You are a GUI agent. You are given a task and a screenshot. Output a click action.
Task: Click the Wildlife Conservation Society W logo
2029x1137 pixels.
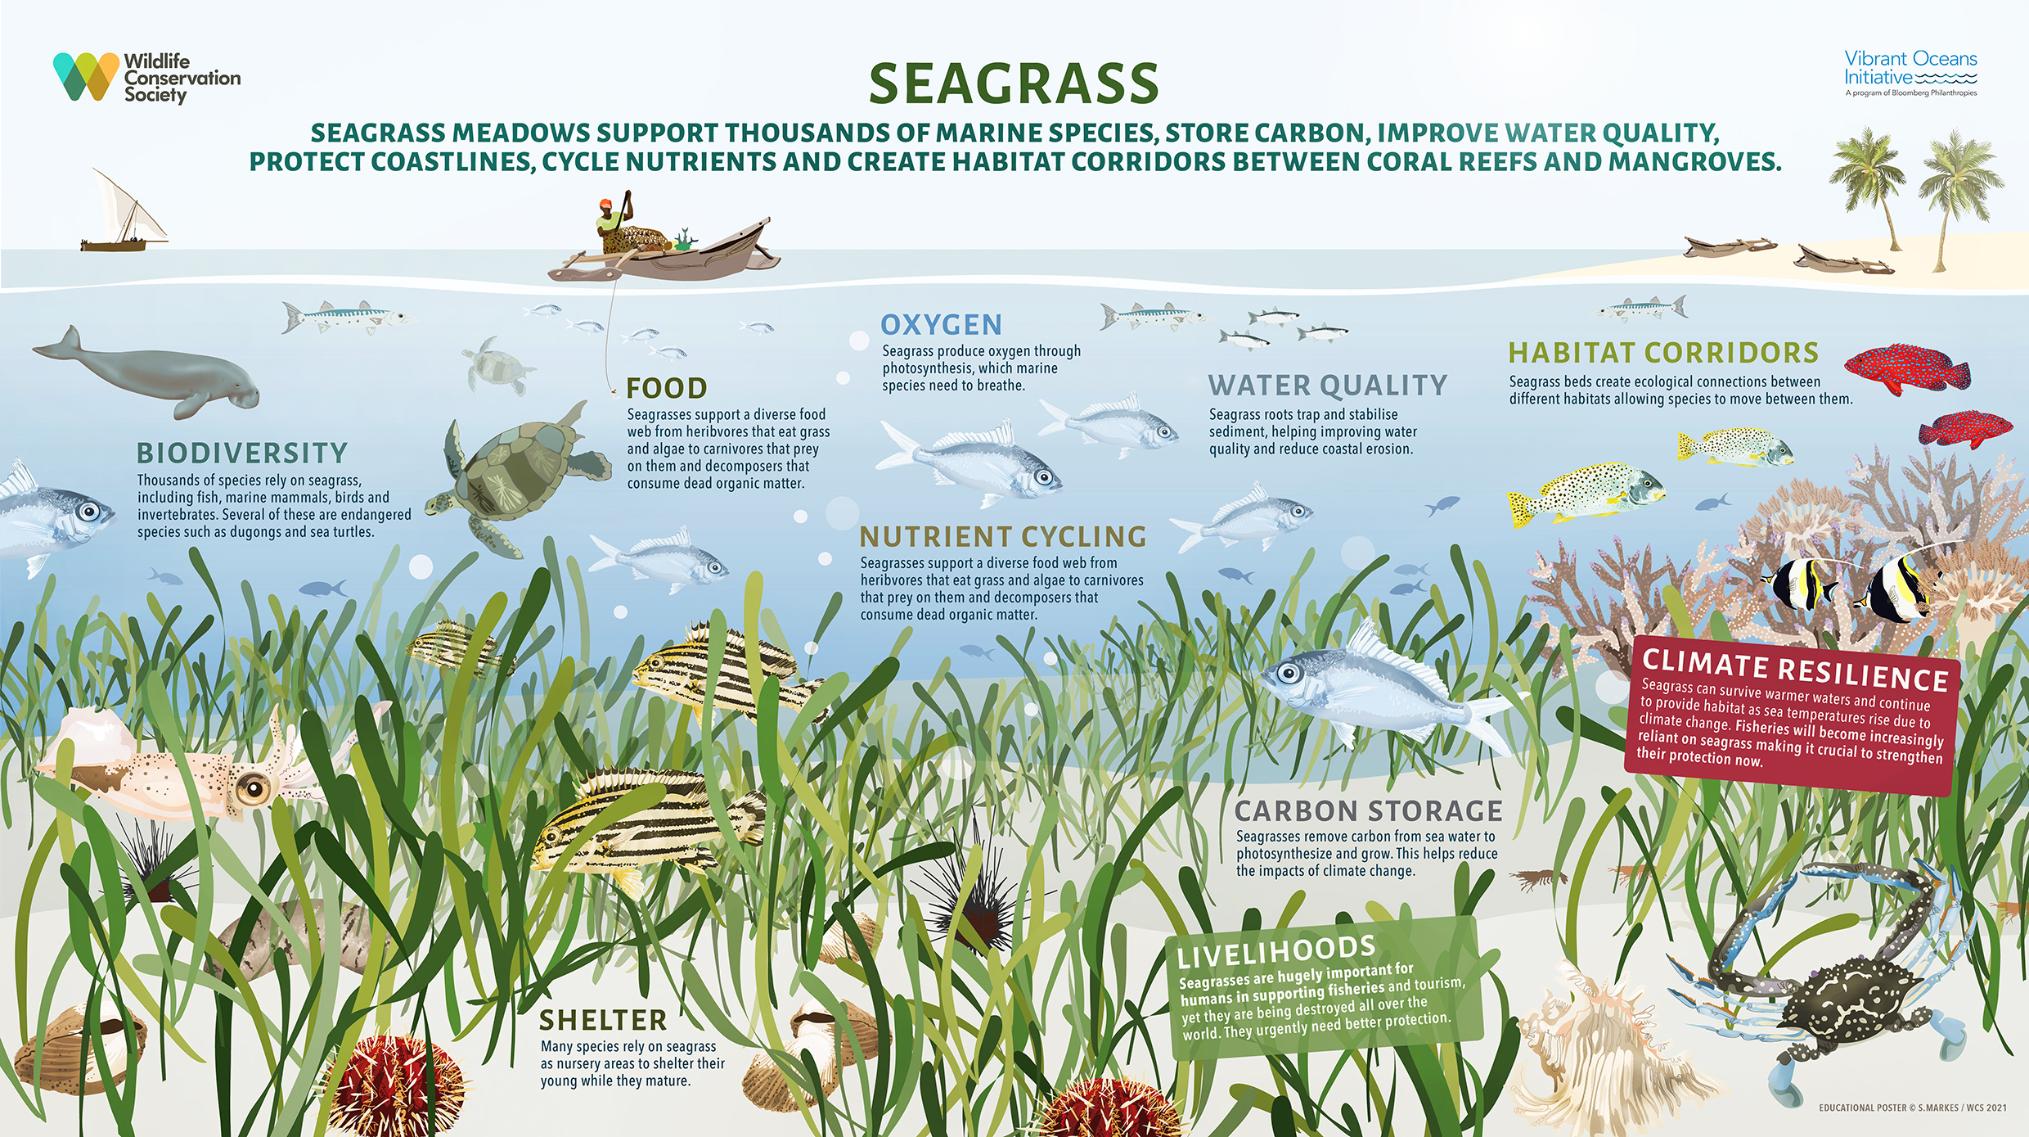coord(86,76)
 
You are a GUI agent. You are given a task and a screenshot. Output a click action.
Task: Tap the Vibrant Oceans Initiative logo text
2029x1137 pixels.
coord(1910,69)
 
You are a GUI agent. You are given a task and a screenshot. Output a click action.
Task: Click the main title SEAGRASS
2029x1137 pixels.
coord(1014,84)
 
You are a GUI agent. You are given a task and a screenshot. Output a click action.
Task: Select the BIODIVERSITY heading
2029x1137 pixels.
coord(242,453)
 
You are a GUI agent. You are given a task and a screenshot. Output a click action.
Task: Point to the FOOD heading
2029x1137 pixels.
coord(667,388)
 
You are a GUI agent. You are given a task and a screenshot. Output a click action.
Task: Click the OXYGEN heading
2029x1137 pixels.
coord(941,325)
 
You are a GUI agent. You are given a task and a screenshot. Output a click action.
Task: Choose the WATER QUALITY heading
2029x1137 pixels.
coord(1328,385)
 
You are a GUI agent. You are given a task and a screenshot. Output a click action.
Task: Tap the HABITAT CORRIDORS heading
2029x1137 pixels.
coord(1663,353)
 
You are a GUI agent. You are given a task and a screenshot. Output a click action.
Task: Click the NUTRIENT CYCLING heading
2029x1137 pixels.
coord(1003,537)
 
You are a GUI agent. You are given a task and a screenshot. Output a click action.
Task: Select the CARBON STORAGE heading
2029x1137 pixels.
coord(1368,810)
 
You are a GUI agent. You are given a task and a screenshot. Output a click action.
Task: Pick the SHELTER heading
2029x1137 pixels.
coord(603,1021)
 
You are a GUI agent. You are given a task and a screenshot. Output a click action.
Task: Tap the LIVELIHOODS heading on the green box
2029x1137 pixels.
coord(1275,951)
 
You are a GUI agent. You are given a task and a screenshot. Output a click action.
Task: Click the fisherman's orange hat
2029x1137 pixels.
coord(605,204)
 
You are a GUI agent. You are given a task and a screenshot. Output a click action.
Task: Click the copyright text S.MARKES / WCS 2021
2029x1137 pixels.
coord(1913,1108)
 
